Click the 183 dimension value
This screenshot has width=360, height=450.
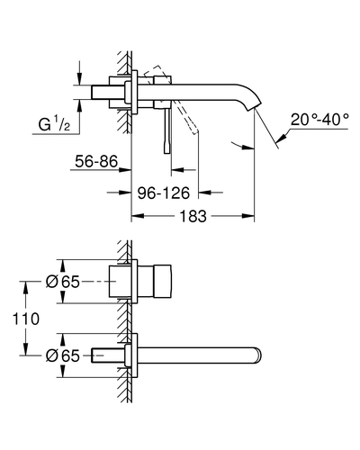tap(193, 216)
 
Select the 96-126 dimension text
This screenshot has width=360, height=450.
tap(164, 193)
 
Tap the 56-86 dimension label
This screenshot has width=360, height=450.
tap(96, 161)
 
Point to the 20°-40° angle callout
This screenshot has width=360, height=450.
tap(319, 120)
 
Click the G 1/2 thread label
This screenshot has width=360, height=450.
tap(54, 124)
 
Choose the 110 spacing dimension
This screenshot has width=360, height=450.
tap(26, 319)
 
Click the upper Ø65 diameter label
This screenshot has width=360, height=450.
tap(63, 282)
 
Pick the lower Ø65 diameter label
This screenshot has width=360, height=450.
tap(63, 355)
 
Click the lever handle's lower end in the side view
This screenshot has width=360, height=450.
tap(167, 150)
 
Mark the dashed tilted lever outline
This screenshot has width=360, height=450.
tap(171, 100)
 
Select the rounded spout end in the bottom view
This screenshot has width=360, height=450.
tap(258, 355)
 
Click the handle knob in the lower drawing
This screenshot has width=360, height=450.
tap(162, 282)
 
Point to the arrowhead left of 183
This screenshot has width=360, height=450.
tap(138, 216)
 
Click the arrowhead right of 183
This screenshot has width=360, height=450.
tap(248, 216)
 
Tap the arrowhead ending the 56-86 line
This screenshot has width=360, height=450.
tap(125, 170)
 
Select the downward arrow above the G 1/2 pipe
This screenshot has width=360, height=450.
tap(79, 78)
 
